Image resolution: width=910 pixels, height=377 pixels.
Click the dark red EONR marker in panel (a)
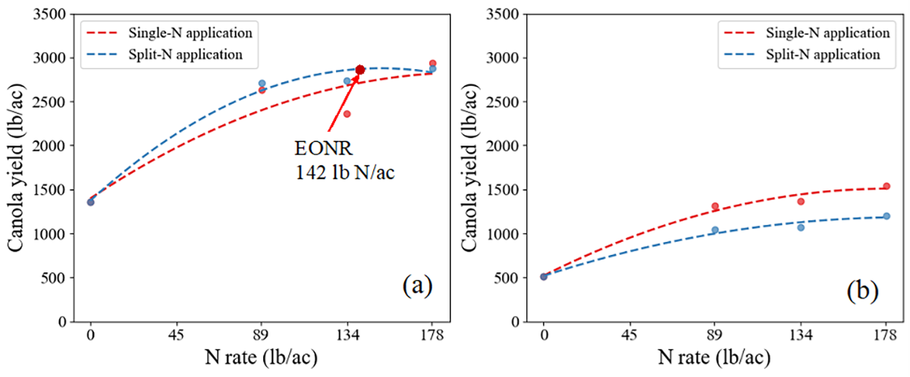[x=360, y=70]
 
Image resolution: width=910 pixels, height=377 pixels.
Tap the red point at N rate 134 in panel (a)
[x=347, y=114]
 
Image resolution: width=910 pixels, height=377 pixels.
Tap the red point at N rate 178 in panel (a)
[x=432, y=64]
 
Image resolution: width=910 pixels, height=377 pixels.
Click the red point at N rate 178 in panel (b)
[x=886, y=187]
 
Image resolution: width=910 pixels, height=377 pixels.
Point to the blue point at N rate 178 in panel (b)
[x=886, y=216]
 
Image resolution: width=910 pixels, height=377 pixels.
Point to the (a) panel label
[x=417, y=286]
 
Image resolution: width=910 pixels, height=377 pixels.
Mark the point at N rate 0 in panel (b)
[x=544, y=277]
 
